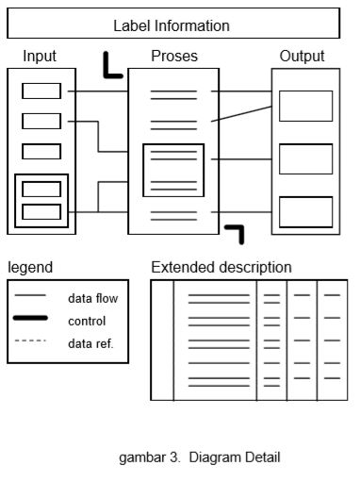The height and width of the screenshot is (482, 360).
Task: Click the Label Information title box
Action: point(172,24)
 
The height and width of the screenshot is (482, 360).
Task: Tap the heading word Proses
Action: point(174,57)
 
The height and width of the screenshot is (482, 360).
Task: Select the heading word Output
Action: point(302,57)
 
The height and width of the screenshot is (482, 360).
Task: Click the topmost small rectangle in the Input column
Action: point(41,91)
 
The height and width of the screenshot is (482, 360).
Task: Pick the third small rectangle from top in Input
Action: point(41,150)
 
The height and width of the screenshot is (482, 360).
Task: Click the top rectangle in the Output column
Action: point(305,106)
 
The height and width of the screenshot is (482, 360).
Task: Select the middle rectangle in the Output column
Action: point(305,158)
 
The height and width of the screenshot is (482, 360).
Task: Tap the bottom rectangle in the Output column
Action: point(305,211)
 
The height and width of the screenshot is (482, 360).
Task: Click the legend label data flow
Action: point(92,298)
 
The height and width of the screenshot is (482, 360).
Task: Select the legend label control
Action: point(87,321)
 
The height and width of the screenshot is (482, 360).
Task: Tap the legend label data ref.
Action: point(90,343)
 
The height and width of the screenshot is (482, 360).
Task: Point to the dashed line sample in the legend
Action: point(32,342)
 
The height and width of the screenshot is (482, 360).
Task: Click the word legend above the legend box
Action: point(29,267)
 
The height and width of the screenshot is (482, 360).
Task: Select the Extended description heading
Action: point(221,267)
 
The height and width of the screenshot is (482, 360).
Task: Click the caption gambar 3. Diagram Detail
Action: point(200,458)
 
